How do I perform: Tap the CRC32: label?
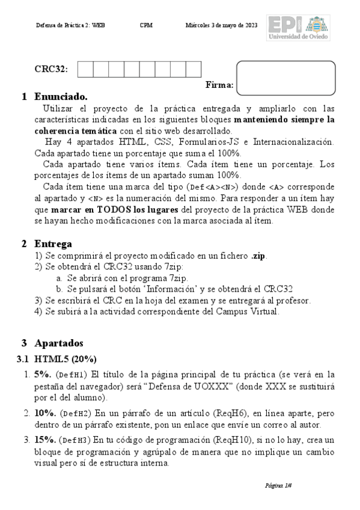(51, 69)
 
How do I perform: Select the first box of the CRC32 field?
(85, 69)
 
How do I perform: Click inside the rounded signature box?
(285, 78)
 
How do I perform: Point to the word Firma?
(219, 85)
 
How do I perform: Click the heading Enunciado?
(61, 96)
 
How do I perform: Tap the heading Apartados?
(59, 343)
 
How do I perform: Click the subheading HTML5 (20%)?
(65, 359)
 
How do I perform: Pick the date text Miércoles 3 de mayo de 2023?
(222, 25)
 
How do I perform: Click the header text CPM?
(145, 25)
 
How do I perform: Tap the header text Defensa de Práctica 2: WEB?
(70, 25)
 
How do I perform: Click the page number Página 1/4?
(278, 485)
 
